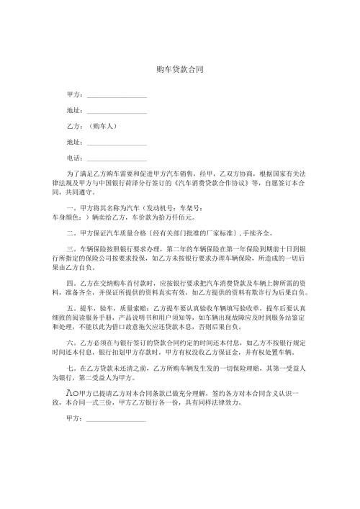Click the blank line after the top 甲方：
pos(116,96)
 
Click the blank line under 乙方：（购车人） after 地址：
pos(116,143)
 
